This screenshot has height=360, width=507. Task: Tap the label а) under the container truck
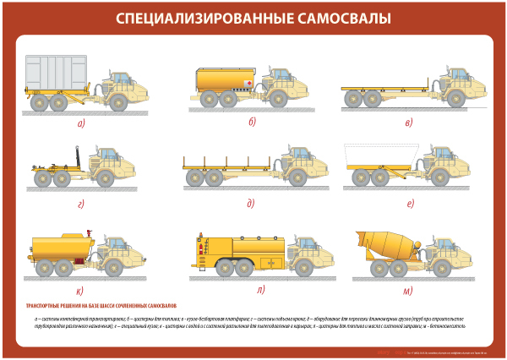point(82,124)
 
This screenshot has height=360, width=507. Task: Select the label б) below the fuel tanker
point(252,123)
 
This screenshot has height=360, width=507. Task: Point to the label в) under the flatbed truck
point(409,123)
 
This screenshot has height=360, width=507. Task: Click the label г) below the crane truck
point(81,204)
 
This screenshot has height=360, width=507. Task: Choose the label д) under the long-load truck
point(251,204)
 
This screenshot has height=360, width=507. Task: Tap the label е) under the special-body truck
point(410,204)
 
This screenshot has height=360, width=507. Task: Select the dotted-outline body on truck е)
point(377,158)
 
